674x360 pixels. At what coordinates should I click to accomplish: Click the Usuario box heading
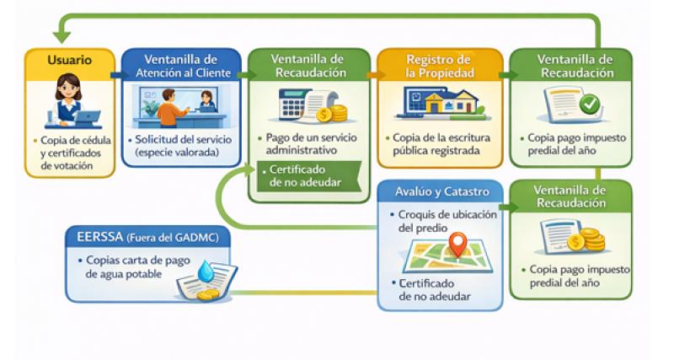coord(69,61)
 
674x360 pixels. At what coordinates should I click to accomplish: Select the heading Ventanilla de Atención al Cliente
coord(180,66)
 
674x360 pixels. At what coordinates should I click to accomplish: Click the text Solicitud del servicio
coord(176,145)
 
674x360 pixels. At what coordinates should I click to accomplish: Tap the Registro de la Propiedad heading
coord(438,66)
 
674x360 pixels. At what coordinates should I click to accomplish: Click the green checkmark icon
coord(589,105)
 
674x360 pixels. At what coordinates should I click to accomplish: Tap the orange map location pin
coord(457,244)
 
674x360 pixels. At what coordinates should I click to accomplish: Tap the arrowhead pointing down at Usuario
coord(62,36)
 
